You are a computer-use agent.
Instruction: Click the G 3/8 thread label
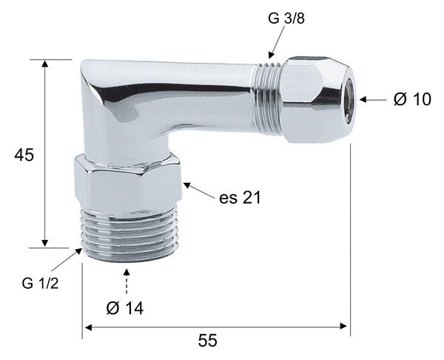point(286,19)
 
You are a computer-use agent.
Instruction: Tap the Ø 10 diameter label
point(412,99)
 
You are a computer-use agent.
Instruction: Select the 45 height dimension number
point(24,155)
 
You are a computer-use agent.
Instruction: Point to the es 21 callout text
point(240,198)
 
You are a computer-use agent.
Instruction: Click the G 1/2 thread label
point(40,283)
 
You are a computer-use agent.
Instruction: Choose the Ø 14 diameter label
point(125,308)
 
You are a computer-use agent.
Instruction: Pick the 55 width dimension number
point(207,341)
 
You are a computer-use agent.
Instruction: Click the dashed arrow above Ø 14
point(127,281)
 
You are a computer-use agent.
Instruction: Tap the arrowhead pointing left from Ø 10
point(363,99)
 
